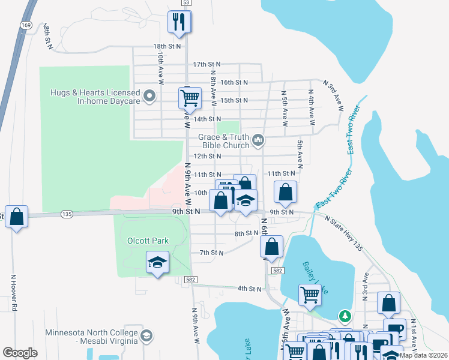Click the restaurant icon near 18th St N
(x=179, y=22)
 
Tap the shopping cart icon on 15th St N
(x=190, y=97)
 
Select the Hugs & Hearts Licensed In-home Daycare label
(x=96, y=97)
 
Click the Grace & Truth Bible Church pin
(x=259, y=140)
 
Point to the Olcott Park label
(x=148, y=241)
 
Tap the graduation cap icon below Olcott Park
(x=157, y=262)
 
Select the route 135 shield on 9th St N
(x=67, y=214)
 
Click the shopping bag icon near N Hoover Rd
(x=16, y=216)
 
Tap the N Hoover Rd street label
(x=13, y=293)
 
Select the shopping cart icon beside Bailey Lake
(x=310, y=294)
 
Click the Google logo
(x=20, y=353)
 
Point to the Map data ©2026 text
(x=423, y=355)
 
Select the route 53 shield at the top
(x=187, y=3)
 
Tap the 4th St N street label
(x=249, y=289)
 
